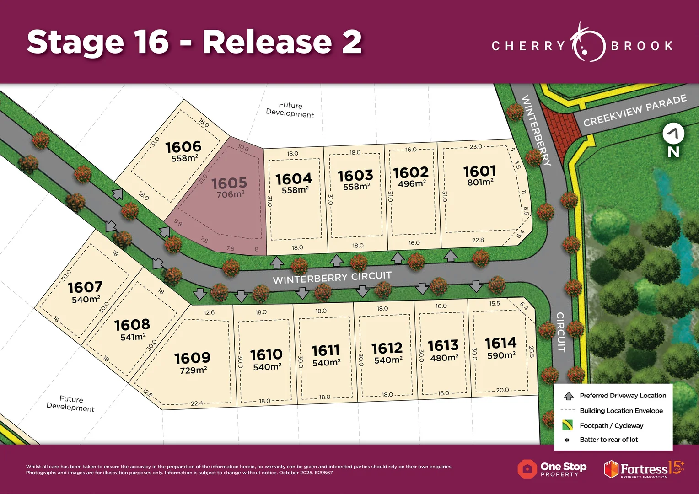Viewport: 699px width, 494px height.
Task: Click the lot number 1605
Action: [229, 183]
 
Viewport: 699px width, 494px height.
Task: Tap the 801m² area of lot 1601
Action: [480, 182]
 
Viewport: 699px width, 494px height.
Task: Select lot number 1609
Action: [192, 358]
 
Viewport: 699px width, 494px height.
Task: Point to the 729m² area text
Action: [193, 370]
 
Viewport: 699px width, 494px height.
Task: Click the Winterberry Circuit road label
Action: [332, 278]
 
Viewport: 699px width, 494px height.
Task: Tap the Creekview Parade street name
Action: [635, 110]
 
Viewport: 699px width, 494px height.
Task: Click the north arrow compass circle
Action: [673, 134]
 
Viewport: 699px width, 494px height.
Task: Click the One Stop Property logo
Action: [552, 469]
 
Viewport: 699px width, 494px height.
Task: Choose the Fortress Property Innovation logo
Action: [644, 469]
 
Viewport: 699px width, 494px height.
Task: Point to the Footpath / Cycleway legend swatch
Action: [567, 425]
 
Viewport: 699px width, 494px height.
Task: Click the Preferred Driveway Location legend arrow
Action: [569, 396]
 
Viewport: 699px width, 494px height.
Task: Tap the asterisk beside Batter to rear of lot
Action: [567, 440]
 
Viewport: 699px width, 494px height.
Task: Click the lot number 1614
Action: [500, 343]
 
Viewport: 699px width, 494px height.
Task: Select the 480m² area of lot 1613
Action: [444, 358]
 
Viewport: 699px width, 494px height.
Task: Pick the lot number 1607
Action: [85, 287]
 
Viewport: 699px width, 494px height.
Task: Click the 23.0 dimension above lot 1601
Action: [476, 147]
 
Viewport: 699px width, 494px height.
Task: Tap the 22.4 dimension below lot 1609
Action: [197, 403]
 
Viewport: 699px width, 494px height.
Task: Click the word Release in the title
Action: [267, 42]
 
